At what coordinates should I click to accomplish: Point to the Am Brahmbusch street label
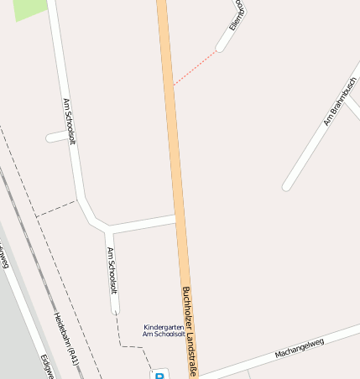click(x=340, y=101)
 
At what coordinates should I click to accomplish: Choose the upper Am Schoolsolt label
click(x=70, y=122)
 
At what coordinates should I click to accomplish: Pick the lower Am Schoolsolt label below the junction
click(x=112, y=270)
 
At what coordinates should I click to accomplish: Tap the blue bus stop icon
click(x=160, y=374)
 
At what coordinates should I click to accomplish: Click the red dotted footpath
click(x=196, y=67)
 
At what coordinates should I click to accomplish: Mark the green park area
click(x=29, y=8)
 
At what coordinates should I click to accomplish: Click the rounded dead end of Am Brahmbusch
click(x=287, y=186)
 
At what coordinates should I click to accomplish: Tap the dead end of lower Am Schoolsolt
click(x=117, y=311)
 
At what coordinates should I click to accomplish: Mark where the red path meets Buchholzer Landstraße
click(x=174, y=85)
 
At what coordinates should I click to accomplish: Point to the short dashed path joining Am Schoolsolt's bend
click(x=56, y=208)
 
